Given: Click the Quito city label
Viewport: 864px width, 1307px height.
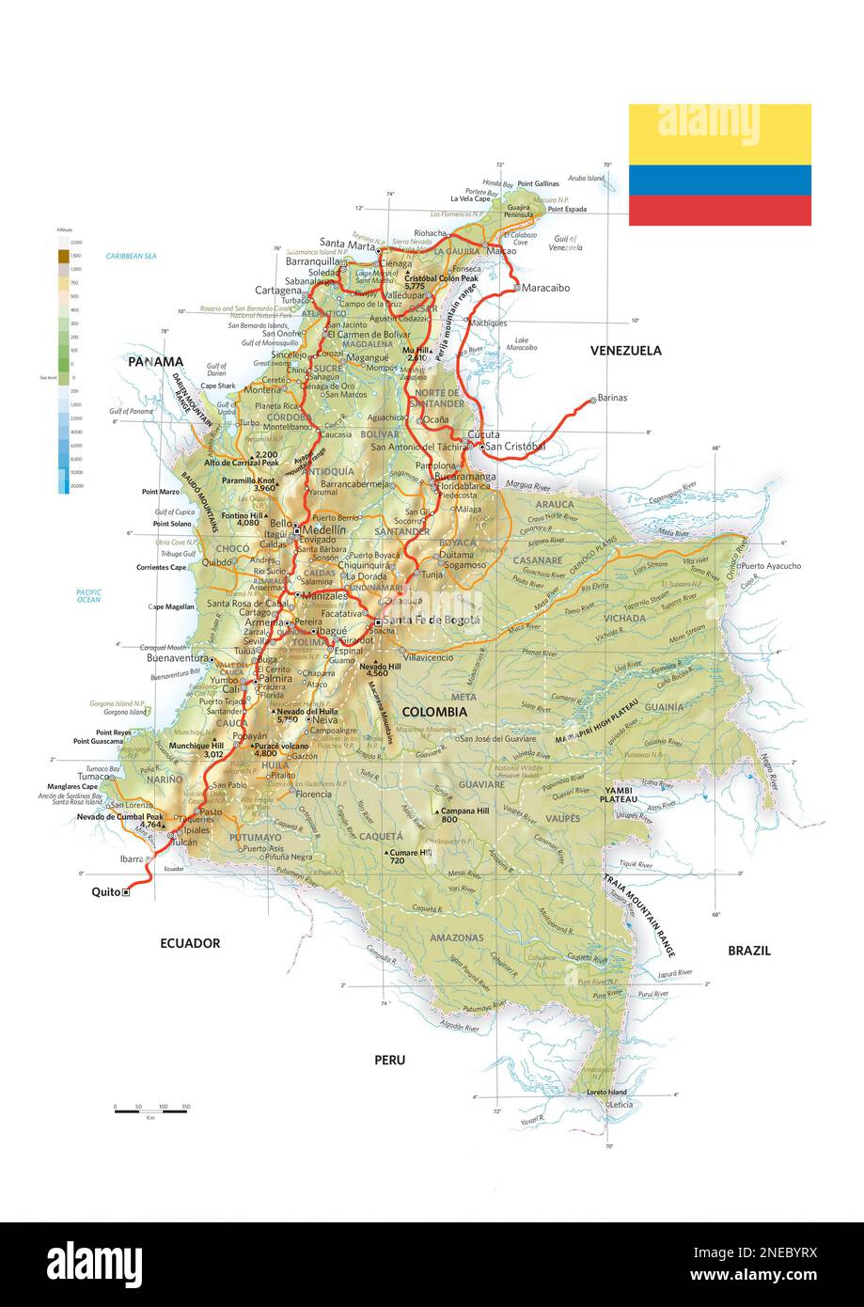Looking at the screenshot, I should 105,892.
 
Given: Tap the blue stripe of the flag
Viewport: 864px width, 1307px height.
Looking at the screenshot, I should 719,180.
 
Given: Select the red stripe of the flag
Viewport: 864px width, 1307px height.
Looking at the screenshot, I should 719,211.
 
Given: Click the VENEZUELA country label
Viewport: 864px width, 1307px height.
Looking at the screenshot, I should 625,351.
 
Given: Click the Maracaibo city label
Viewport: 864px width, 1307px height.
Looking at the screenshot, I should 549,288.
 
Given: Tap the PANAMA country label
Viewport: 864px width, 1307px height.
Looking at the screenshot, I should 155,362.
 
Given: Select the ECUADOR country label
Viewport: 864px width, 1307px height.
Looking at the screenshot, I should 189,943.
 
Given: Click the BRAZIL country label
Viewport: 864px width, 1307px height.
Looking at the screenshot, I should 748,951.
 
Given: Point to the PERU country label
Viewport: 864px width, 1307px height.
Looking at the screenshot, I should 389,1060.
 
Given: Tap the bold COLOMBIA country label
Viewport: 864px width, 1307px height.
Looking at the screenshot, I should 433,712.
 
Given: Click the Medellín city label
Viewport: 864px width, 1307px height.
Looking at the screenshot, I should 324,530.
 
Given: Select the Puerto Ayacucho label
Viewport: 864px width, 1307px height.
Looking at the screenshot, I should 772,566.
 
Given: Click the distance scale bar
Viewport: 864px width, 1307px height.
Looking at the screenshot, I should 150,1112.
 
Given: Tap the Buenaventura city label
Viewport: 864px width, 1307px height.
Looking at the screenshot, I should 176,659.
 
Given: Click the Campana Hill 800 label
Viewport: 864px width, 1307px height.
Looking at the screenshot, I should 465,814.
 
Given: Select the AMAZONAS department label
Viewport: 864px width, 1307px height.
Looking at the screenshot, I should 456,937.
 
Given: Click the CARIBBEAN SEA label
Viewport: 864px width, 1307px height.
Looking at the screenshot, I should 131,256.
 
